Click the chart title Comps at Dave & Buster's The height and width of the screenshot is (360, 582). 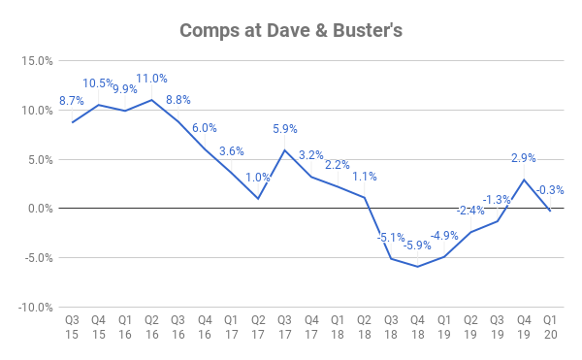coord(291,30)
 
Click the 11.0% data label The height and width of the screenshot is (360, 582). coord(151,79)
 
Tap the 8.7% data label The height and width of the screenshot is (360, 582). coord(72,101)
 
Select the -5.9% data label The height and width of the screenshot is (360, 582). coord(416,245)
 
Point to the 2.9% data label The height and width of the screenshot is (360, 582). coord(524,158)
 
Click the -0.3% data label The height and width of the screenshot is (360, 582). coord(550,189)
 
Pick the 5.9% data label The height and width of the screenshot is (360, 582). coord(283,129)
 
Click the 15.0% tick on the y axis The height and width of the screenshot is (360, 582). coord(37,61)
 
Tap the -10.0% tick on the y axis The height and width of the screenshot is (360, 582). coord(35,307)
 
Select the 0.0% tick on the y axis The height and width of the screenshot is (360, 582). coord(39,209)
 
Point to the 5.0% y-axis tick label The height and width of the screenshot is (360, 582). coord(39,159)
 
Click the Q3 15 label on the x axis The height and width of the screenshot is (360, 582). coord(72,327)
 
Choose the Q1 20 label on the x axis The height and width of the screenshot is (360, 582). coord(550,327)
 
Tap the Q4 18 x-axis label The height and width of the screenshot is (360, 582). coord(417,327)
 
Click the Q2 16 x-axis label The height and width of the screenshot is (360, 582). coord(151,327)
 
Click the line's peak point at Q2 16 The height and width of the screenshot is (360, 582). coord(151,100)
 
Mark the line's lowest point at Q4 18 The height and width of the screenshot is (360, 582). coord(417,266)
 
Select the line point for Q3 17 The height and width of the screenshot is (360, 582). coord(284,149)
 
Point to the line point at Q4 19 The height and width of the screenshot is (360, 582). coord(524,180)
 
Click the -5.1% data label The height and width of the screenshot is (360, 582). coord(390,237)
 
